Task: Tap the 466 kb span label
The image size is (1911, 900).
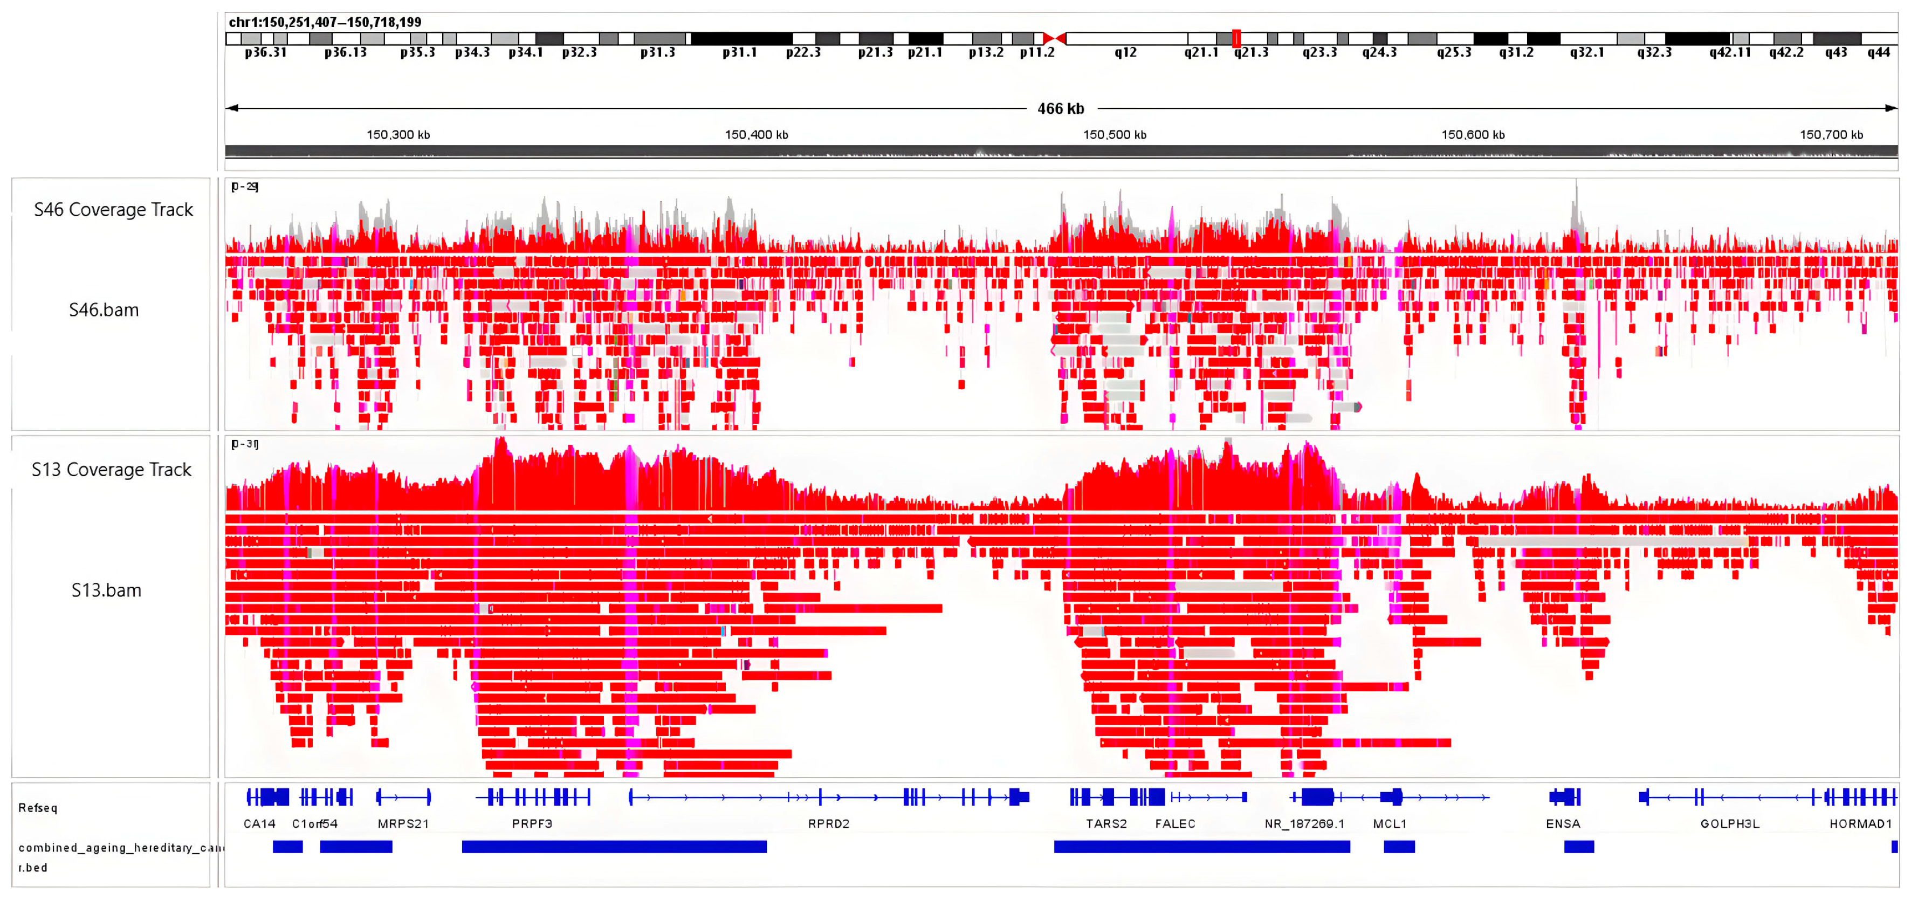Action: (x=1060, y=109)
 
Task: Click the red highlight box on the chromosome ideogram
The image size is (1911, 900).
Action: (x=1236, y=38)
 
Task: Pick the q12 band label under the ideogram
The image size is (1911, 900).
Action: (x=1125, y=53)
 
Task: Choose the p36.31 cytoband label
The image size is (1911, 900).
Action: (x=266, y=53)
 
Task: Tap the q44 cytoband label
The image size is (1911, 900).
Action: (x=1878, y=53)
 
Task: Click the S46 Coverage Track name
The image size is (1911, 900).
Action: (x=113, y=210)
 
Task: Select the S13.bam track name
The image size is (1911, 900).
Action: (x=106, y=590)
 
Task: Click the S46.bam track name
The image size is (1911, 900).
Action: (x=104, y=310)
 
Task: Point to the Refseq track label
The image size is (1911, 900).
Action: (x=38, y=808)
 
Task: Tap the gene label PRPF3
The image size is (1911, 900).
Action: (x=532, y=823)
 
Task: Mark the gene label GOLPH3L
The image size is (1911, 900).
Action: (x=1729, y=823)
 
